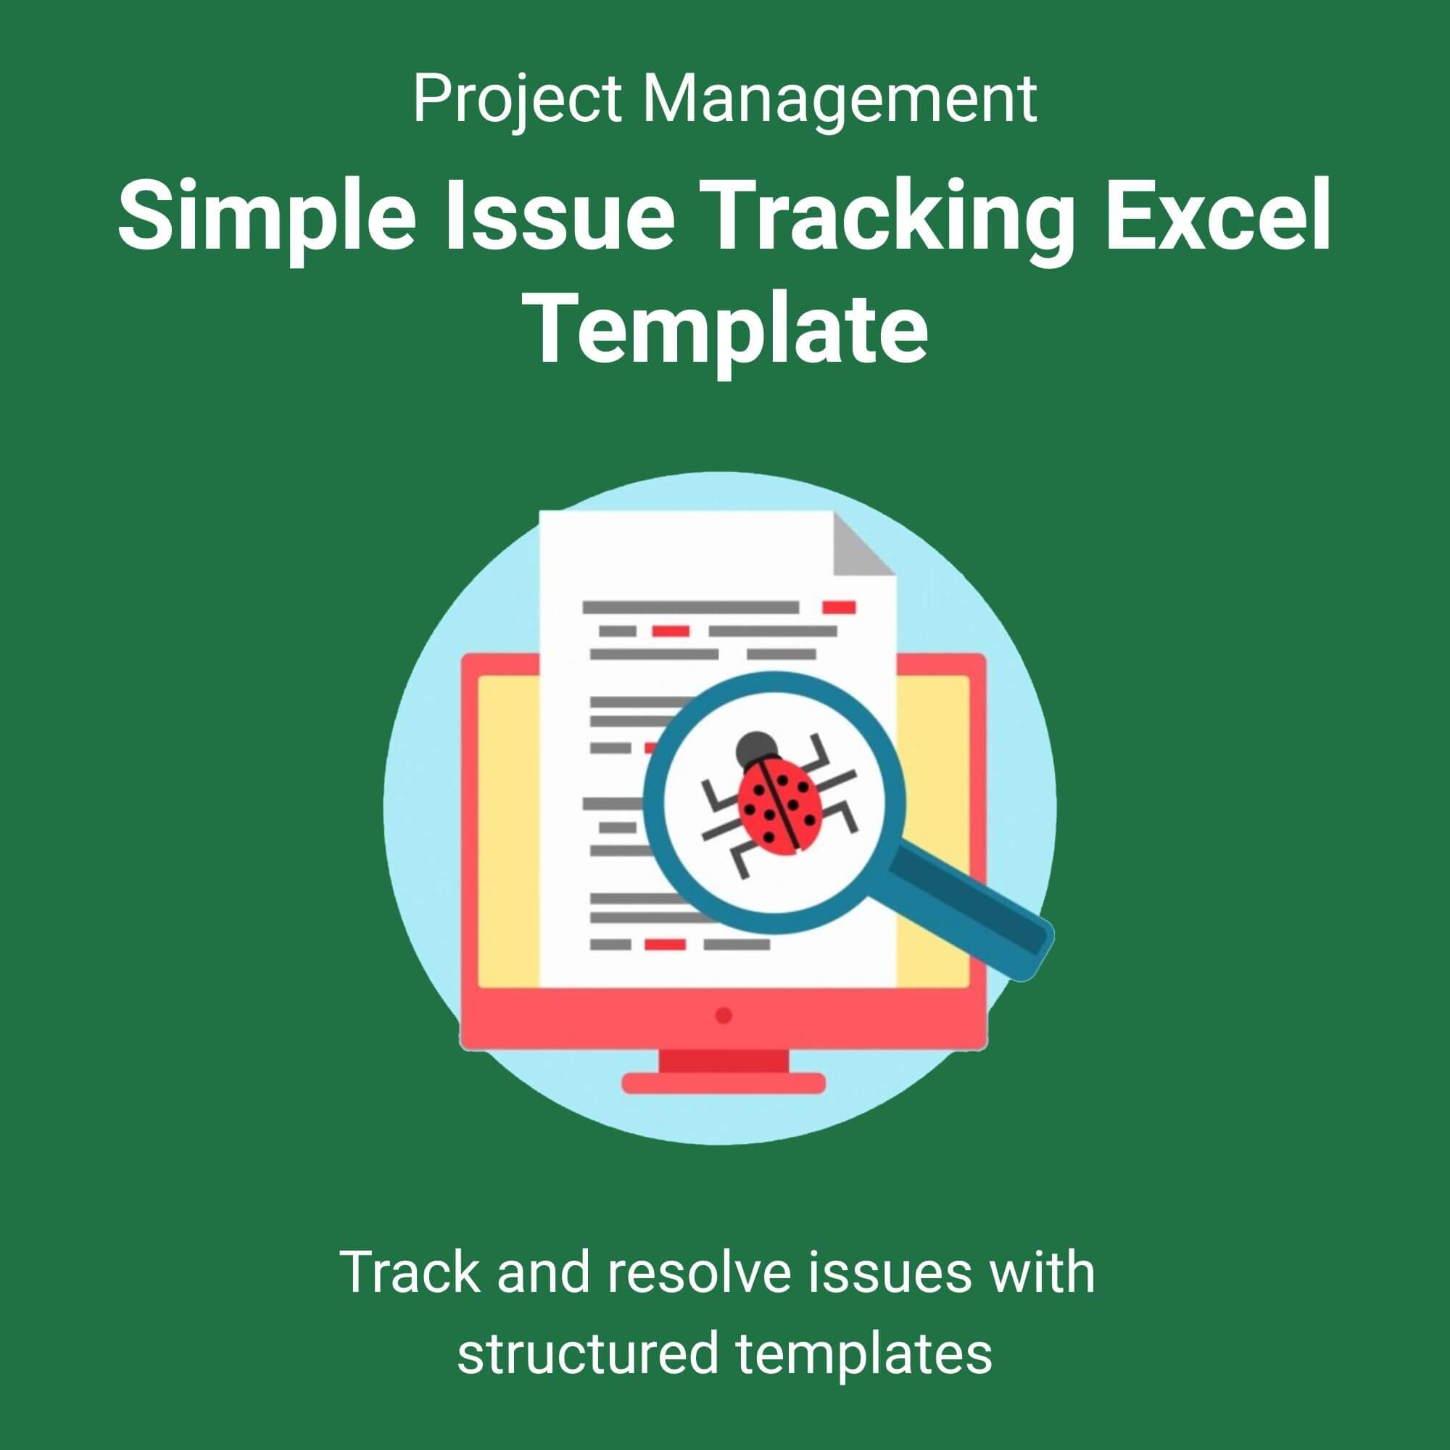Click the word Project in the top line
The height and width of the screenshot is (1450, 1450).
(x=517, y=101)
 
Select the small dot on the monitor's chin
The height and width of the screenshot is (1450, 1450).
(x=724, y=1015)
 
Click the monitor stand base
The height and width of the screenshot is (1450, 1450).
(x=724, y=1082)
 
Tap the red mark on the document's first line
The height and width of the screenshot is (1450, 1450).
(x=839, y=606)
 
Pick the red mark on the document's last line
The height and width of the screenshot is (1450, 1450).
(x=666, y=944)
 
